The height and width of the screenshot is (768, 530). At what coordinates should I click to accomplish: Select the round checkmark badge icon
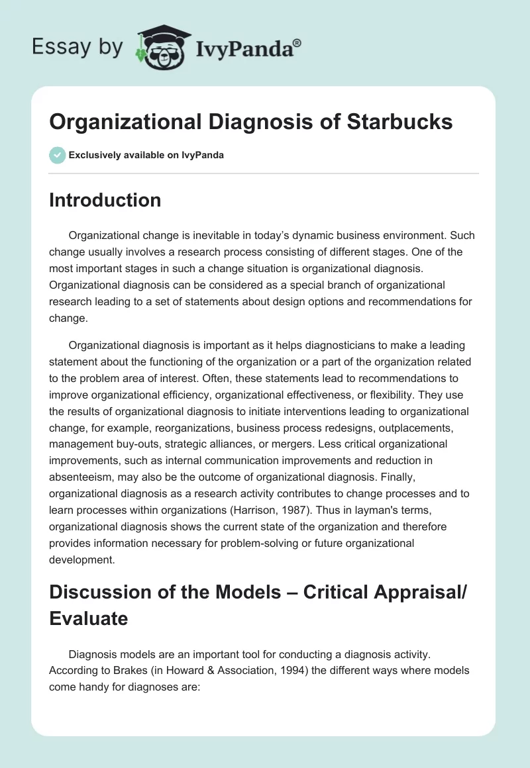point(57,155)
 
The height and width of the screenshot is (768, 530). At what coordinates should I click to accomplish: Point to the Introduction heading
point(105,200)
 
